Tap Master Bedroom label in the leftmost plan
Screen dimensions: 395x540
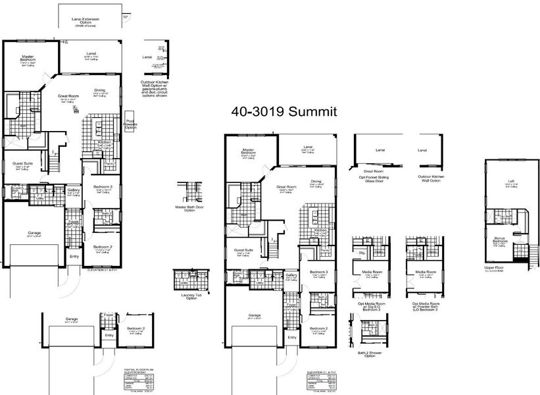[27, 59]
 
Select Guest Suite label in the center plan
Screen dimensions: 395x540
[244, 251]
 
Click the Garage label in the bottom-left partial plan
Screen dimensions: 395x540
[71, 319]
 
